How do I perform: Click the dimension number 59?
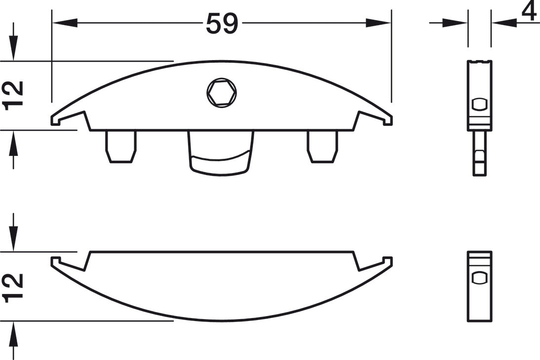(x=222, y=23)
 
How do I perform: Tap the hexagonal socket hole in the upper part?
(x=222, y=92)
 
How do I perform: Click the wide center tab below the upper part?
(x=221, y=153)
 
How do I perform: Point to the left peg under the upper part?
(x=121, y=146)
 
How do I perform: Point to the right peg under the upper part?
(x=323, y=146)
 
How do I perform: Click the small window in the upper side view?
(x=479, y=105)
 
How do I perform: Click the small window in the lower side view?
(x=479, y=278)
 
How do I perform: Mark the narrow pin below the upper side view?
(x=479, y=153)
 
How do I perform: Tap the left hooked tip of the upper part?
(x=56, y=120)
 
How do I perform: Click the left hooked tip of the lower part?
(x=56, y=261)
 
